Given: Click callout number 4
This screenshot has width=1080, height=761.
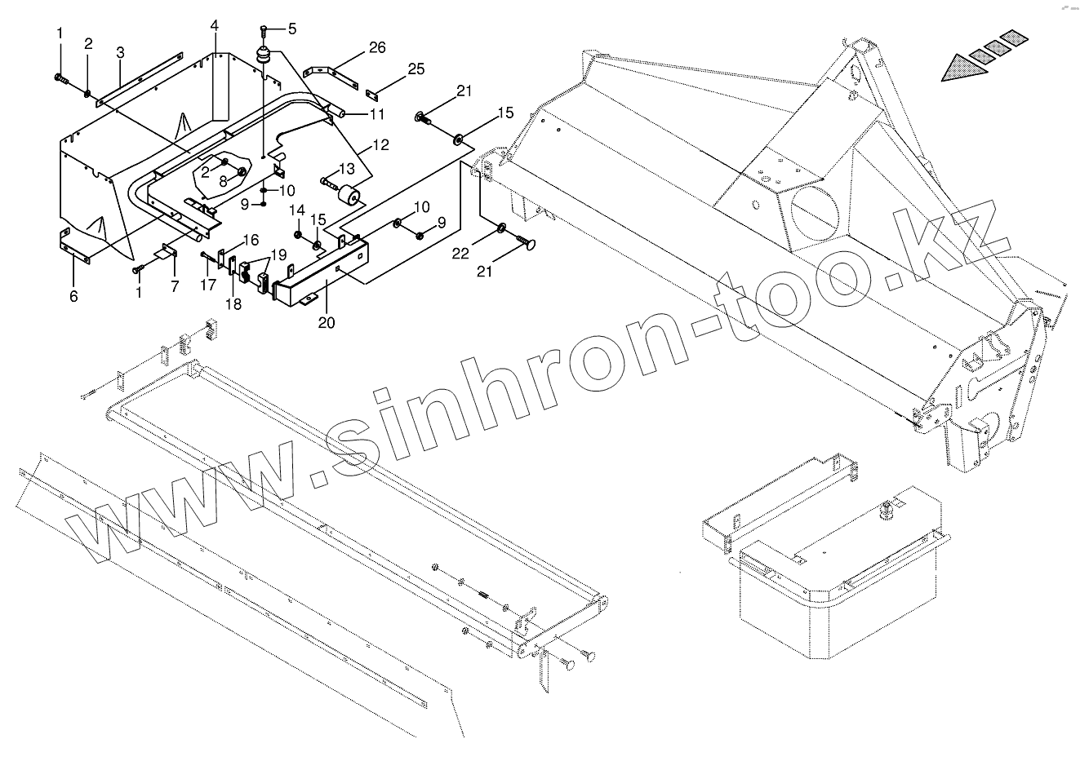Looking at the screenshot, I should coord(214,26).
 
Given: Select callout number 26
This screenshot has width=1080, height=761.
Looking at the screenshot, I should coord(376,47).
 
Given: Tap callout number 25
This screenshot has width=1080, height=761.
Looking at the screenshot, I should coord(416,69).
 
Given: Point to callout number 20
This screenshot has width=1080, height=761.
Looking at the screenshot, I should coord(327,322).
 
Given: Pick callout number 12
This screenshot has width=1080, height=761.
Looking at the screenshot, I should coord(380,147).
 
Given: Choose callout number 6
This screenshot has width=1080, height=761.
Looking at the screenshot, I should coord(73,296).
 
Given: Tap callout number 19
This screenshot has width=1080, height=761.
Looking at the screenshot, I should coord(280,255).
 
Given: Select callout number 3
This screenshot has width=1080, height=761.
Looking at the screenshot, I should coord(120,53).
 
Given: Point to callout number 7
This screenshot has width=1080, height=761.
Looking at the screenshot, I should coord(173,285).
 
